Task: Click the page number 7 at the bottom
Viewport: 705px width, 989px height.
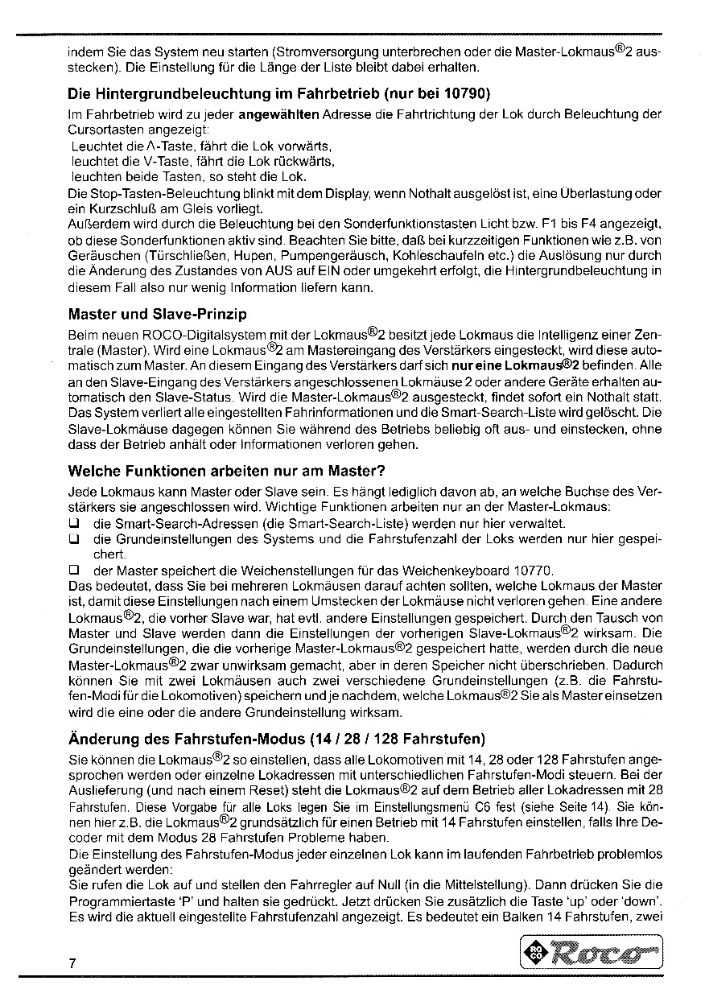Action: pyautogui.click(x=72, y=964)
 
